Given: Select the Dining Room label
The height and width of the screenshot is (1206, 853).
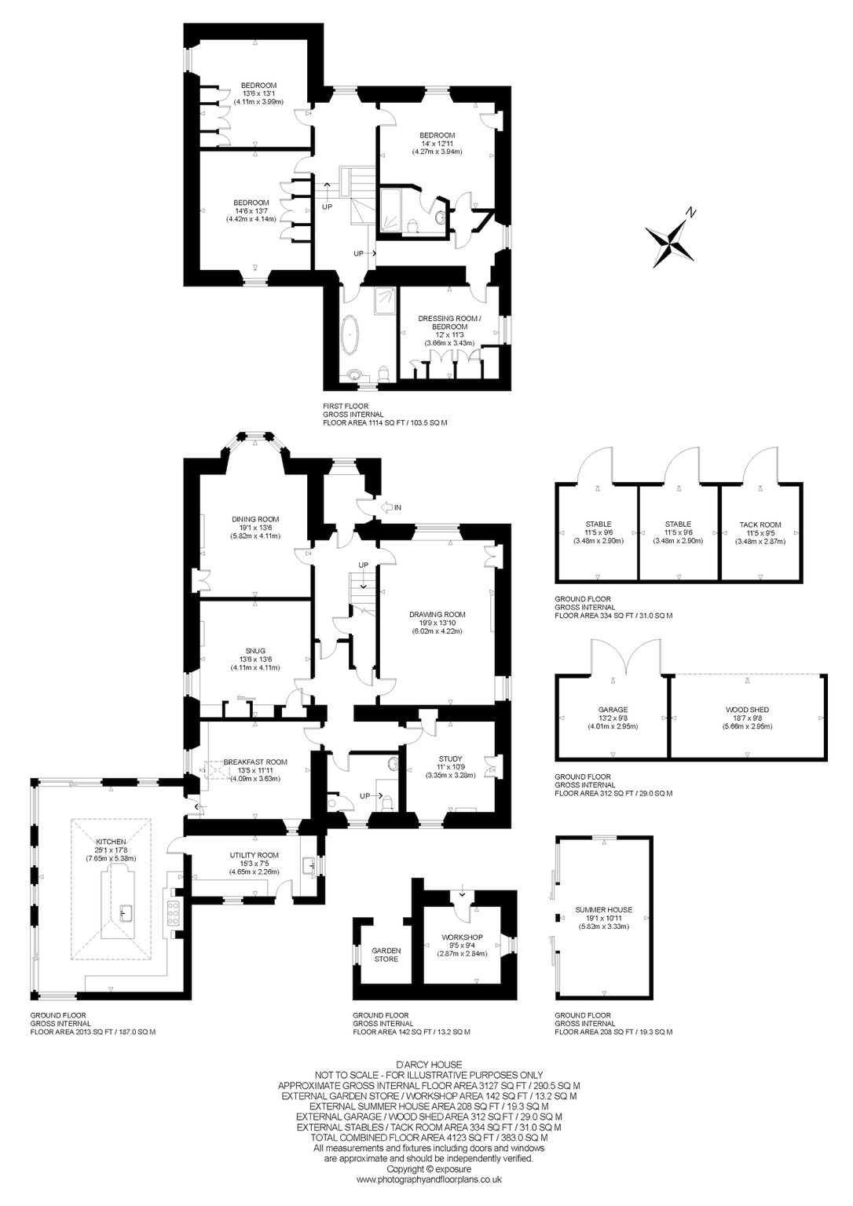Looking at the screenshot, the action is coord(255,520).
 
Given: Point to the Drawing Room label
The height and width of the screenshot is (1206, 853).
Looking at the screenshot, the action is coord(437,614).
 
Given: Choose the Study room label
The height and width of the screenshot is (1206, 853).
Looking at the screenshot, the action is coord(450,758).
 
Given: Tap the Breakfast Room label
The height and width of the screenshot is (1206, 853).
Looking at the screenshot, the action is coord(255,762).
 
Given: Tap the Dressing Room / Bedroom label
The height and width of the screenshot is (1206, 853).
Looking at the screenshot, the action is coord(449,323).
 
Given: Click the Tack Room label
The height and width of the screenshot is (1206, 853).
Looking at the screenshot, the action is coord(760,524).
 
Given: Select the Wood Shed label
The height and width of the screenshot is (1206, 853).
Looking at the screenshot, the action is coord(747,710).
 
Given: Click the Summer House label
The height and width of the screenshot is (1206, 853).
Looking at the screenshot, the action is coord(604,910).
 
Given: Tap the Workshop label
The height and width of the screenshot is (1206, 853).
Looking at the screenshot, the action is coord(462,937).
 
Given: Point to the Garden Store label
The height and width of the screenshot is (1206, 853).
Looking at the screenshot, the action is coord(386,955).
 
